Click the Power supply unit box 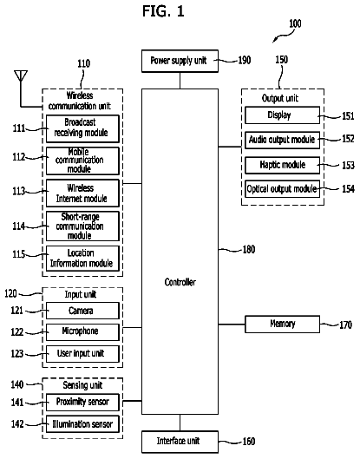click(x=180, y=61)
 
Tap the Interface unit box click(x=180, y=442)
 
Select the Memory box click(x=282, y=324)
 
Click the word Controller click(x=180, y=282)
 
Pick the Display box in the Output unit click(x=282, y=115)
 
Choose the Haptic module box click(x=282, y=166)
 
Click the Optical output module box click(x=282, y=189)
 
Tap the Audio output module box click(x=282, y=141)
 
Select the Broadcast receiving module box click(x=82, y=128)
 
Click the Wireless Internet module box click(x=82, y=193)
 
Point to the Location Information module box click(x=82, y=259)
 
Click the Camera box click(x=82, y=311)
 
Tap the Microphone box click(x=82, y=332)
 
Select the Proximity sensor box click(x=82, y=403)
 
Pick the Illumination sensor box click(x=82, y=424)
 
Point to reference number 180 click(x=249, y=249)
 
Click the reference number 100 click(x=295, y=23)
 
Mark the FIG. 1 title click(x=163, y=11)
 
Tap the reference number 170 click(x=345, y=325)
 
